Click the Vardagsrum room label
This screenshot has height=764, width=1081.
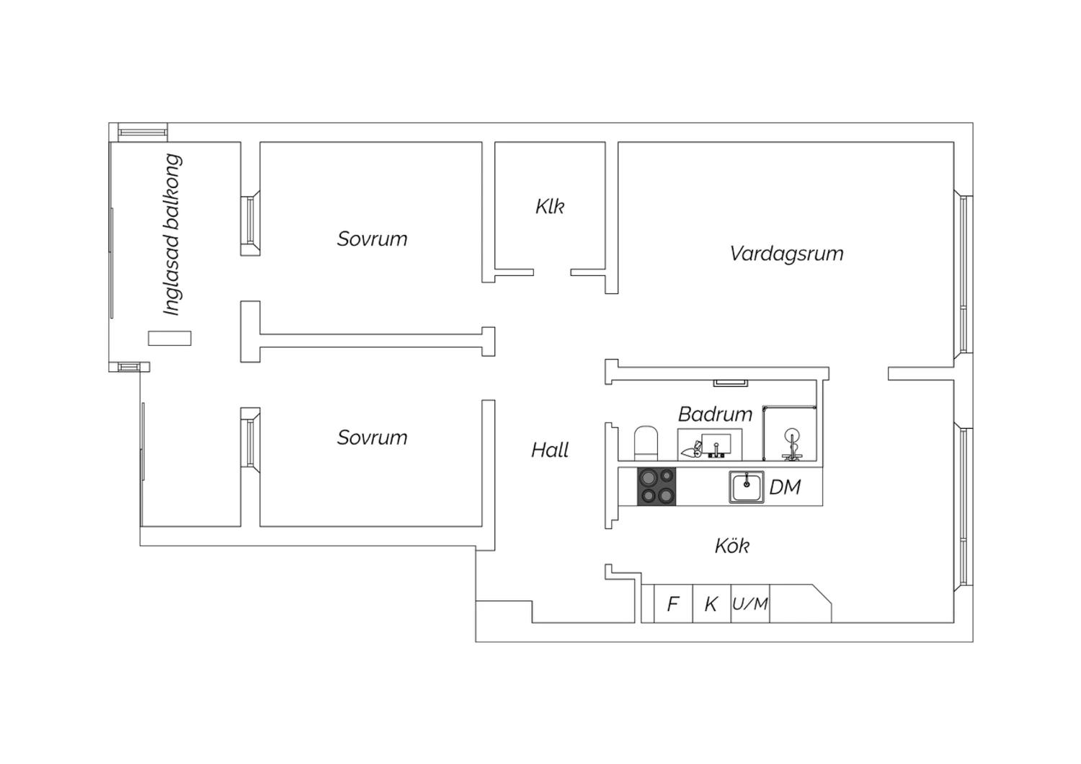pos(786,254)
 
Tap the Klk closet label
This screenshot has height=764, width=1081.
pos(550,207)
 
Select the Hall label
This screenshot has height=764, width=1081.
pos(550,450)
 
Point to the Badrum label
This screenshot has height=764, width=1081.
pos(715,414)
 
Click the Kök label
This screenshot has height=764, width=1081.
pos(732,546)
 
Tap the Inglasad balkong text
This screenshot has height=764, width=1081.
pos(172,235)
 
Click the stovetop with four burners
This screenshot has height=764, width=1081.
pos(657,487)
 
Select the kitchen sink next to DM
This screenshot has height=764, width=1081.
pos(746,487)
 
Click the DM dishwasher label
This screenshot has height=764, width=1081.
pos(785,487)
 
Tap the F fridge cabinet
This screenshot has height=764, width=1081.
pos(673,604)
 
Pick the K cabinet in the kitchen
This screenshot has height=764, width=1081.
pos(712,604)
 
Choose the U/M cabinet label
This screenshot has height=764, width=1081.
pos(750,604)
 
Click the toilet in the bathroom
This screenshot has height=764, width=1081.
pos(646,443)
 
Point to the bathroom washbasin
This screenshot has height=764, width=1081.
pos(710,445)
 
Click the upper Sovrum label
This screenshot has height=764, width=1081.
pos(372,239)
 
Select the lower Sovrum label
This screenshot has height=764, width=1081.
pos(372,437)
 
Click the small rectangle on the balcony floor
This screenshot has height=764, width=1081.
pos(169,338)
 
